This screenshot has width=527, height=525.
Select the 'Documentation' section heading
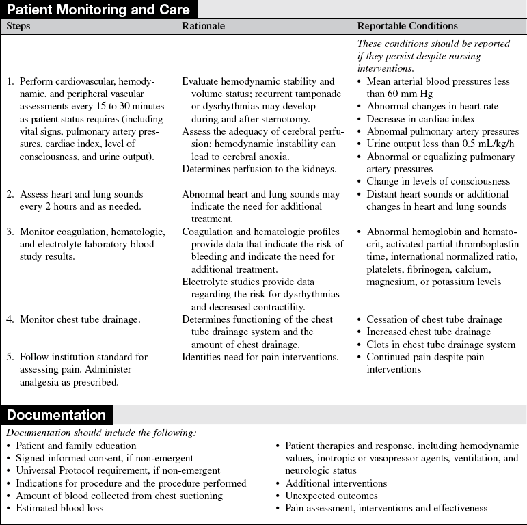click(x=57, y=415)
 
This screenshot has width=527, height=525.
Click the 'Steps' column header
click(x=18, y=27)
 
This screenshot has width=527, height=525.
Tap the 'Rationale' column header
click(x=204, y=27)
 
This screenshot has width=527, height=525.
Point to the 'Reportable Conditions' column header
click(x=407, y=27)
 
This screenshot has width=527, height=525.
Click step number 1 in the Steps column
click(x=10, y=81)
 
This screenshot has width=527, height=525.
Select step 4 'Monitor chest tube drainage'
click(x=80, y=319)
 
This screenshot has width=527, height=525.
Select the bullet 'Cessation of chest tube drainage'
click(x=434, y=319)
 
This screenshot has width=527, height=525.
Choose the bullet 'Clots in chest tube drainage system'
click(x=441, y=344)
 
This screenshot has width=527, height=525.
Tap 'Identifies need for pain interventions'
click(x=260, y=357)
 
